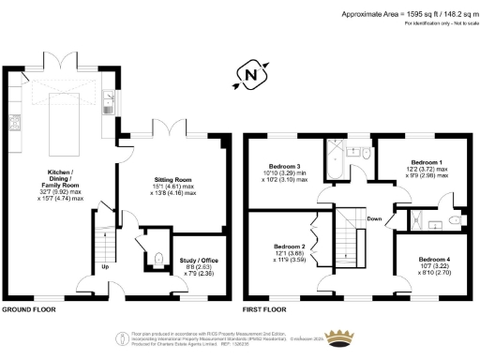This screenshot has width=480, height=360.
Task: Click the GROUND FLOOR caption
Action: click(x=27, y=308)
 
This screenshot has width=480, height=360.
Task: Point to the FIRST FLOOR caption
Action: click(x=262, y=308)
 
